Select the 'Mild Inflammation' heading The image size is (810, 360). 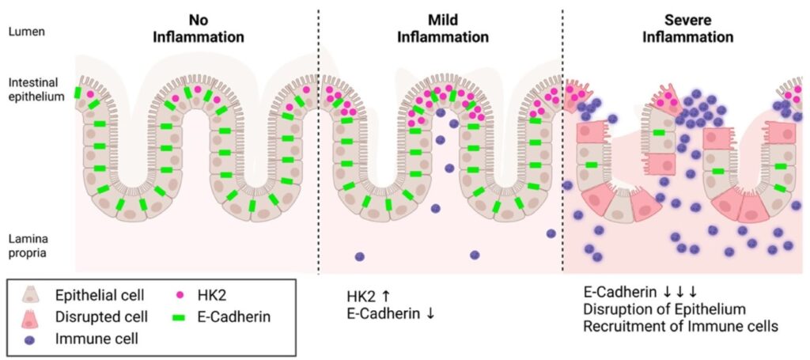pos(443,28)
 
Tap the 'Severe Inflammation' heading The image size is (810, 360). pos(687,28)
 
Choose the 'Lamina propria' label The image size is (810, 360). pos(28,244)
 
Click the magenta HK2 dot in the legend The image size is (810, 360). pos(180,295)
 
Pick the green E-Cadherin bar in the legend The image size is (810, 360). pos(180,317)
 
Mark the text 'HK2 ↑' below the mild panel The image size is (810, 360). pos(368,295)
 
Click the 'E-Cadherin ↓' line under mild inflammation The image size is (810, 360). pos(390,313)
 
